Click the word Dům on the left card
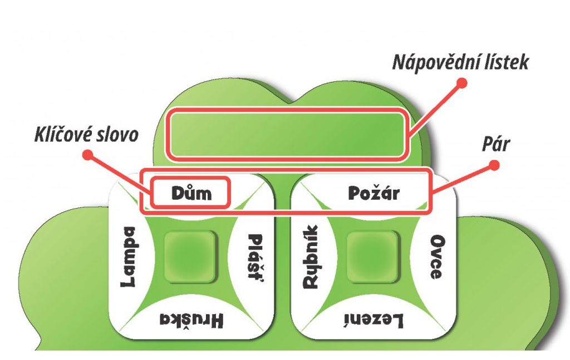[190, 193]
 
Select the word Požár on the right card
[374, 193]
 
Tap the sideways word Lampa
[129, 257]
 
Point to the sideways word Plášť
[255, 259]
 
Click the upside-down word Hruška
[191, 320]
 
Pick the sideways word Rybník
[310, 257]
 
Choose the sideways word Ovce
[436, 258]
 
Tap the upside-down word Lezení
[373, 320]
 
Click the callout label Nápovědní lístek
[460, 62]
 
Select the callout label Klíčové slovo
[86, 135]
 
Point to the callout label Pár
[497, 144]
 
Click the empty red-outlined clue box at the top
[286, 135]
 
